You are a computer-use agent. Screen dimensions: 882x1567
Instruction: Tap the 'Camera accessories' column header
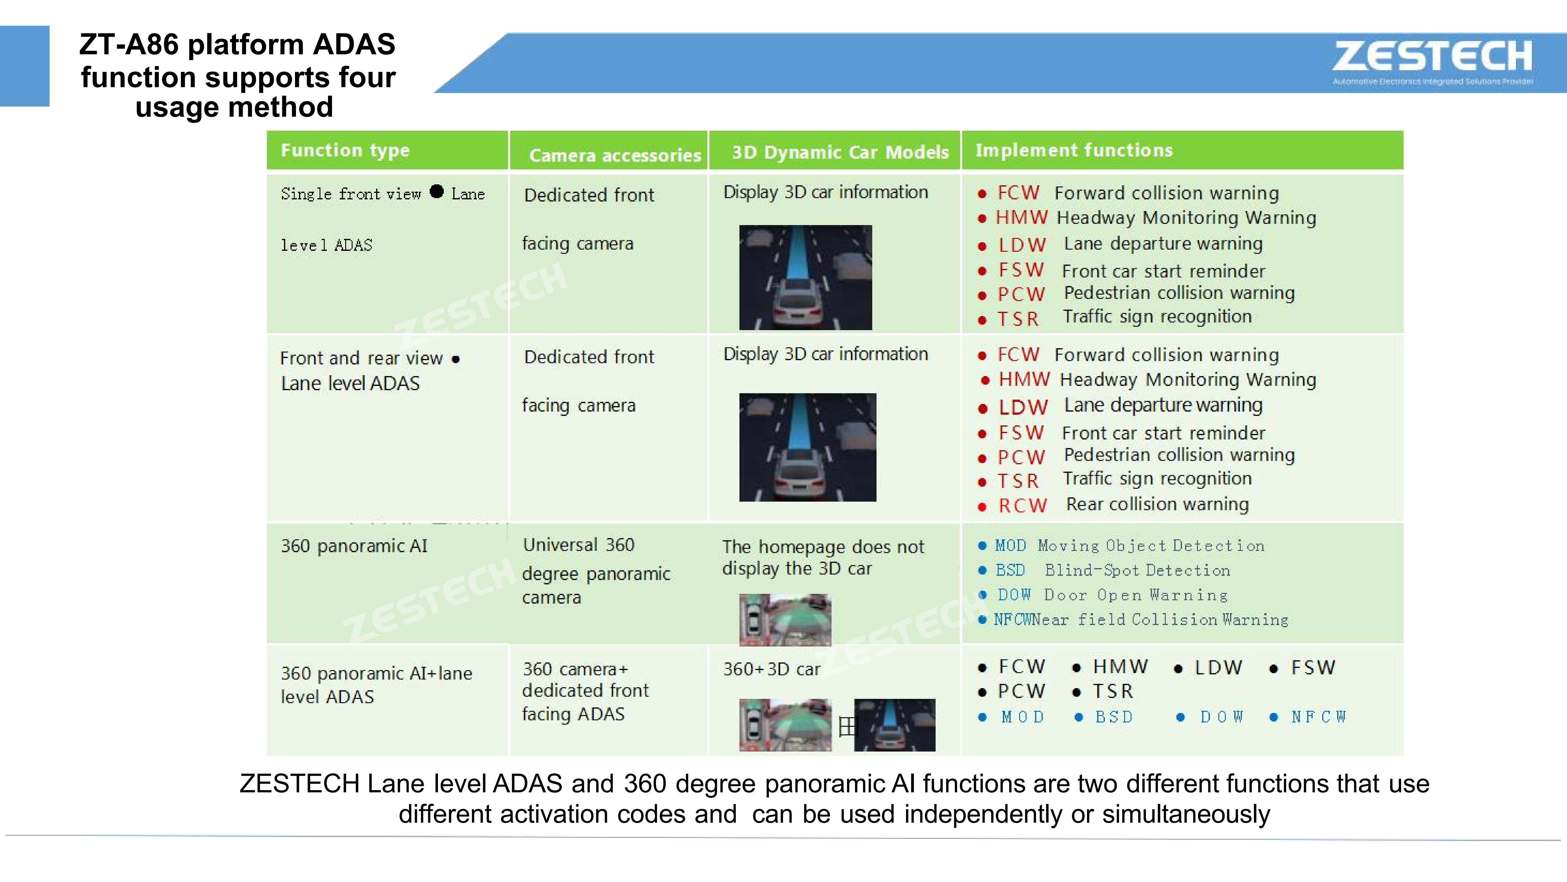coord(614,155)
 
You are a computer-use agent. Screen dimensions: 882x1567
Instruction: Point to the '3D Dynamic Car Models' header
coord(840,152)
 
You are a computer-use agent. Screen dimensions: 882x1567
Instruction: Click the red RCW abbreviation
coord(1023,505)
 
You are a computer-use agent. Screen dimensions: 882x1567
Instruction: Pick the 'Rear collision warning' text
coord(1157,504)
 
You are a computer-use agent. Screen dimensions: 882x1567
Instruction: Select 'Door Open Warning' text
coord(1136,595)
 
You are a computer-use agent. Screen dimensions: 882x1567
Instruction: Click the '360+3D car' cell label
coord(771,669)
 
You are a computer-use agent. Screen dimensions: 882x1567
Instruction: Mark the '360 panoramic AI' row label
coord(354,546)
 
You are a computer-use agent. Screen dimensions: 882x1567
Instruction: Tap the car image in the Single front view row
coord(806,277)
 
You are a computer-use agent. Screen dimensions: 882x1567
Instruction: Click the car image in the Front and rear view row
coord(807,447)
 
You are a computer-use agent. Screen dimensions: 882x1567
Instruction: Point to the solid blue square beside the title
coord(24,66)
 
